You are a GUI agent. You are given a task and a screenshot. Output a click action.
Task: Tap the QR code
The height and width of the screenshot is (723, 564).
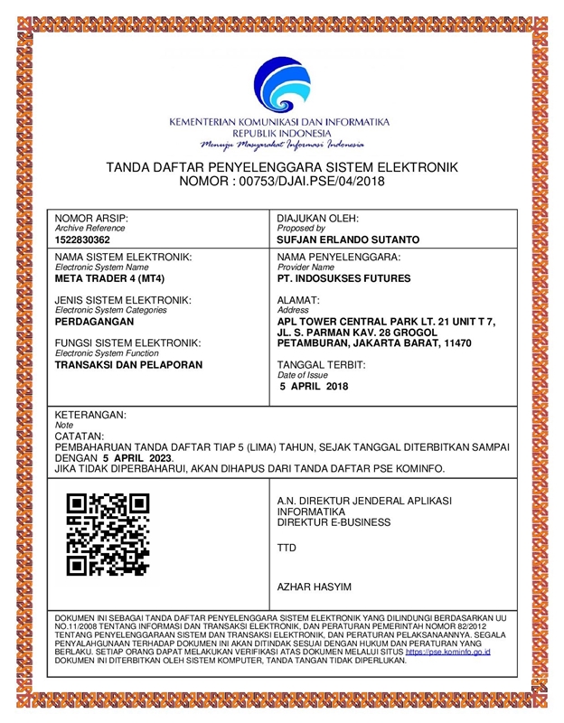click(108, 534)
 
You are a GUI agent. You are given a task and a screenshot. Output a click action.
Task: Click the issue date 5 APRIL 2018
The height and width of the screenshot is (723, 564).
click(314, 386)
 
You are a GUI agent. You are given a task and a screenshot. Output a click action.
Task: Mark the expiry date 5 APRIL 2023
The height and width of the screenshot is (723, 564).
click(136, 457)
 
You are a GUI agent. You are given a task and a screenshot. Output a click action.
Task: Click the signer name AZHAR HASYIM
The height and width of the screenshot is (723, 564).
click(313, 587)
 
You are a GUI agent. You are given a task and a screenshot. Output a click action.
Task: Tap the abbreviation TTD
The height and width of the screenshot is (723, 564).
click(287, 548)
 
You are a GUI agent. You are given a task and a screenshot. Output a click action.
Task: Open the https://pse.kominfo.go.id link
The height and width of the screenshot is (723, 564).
click(448, 651)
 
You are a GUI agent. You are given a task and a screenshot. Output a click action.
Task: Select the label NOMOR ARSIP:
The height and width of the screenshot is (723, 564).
click(92, 219)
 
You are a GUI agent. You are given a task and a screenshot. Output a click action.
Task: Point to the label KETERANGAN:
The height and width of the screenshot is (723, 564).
click(91, 414)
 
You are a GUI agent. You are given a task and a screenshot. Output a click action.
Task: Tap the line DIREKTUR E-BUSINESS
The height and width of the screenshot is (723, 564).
click(334, 522)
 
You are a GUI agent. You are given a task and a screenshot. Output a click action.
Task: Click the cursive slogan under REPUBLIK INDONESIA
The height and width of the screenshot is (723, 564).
click(282, 144)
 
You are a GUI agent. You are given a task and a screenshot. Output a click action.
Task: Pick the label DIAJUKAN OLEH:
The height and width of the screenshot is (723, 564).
click(318, 219)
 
